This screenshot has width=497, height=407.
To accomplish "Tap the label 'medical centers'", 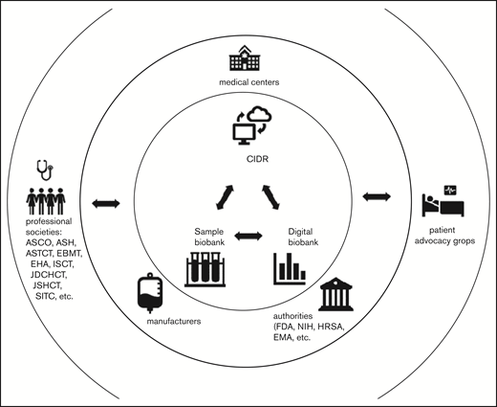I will (x=248, y=82).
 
